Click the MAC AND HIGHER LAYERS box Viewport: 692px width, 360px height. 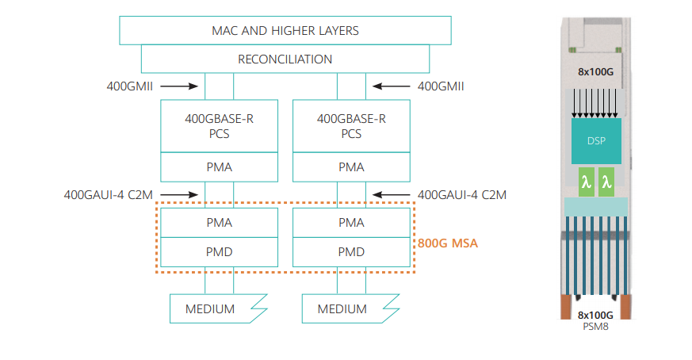pos(285,31)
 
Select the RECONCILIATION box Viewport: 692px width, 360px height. pos(285,59)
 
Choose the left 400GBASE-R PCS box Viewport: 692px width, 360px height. pos(219,126)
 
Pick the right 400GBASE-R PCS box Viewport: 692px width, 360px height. pos(351,126)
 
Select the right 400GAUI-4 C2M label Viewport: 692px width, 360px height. pos(461,194)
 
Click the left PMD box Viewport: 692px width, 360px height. pos(219,252)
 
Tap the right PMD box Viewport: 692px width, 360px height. pos(351,252)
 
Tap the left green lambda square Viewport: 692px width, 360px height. pos(585,182)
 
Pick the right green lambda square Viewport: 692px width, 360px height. pos(607,182)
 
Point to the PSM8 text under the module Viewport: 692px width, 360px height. pos(596,325)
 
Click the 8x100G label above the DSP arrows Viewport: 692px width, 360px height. pos(596,72)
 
